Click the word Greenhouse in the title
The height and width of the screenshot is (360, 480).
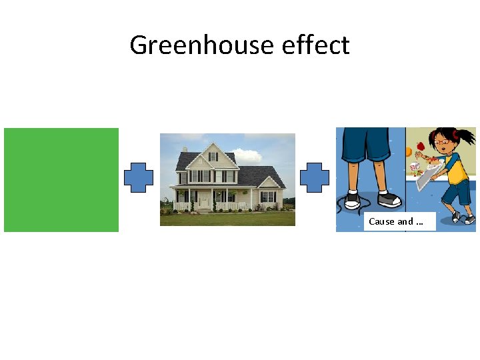click(x=202, y=45)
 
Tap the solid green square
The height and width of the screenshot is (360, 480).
click(x=61, y=180)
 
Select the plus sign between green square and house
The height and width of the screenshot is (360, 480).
click(x=139, y=178)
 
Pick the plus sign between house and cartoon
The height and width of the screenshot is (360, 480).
click(x=315, y=178)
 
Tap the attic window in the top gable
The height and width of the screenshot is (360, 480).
click(x=213, y=157)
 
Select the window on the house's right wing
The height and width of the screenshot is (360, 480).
click(x=268, y=197)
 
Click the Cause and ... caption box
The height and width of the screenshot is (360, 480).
click(x=399, y=221)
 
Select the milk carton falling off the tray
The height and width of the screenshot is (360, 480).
click(x=414, y=164)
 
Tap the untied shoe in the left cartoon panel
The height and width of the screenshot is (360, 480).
click(x=351, y=199)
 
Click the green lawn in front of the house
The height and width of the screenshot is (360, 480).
click(x=227, y=219)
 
